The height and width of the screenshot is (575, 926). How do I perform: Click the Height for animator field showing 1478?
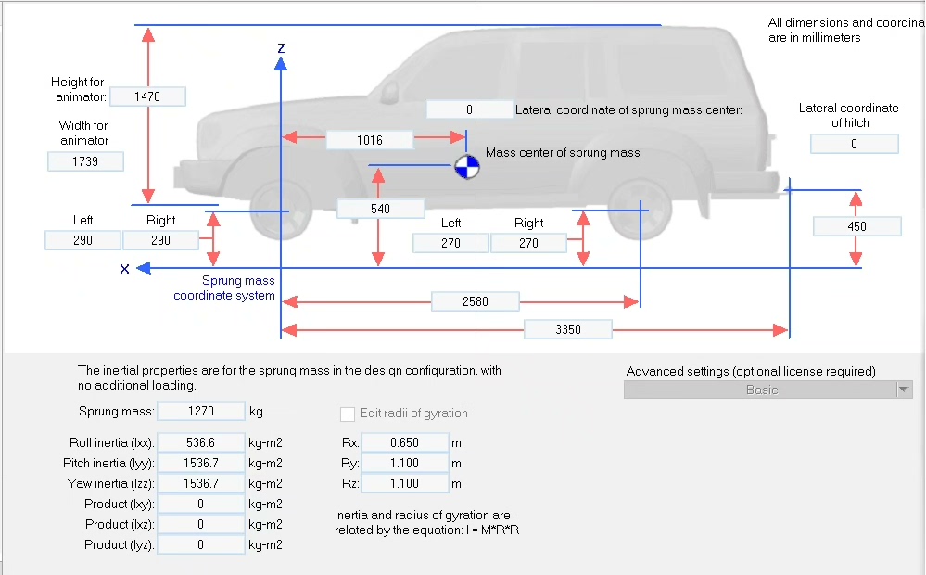coord(147,96)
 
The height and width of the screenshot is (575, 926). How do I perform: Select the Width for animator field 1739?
coord(85,161)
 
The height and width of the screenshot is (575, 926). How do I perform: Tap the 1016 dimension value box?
coord(369,140)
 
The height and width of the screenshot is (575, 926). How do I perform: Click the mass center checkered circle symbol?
coord(466,168)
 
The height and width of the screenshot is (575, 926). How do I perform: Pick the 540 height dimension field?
coord(380,210)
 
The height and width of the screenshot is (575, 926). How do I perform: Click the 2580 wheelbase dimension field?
coord(475,301)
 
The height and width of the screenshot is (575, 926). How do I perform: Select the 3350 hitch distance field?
coord(567,329)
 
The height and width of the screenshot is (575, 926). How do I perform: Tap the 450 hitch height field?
coord(856,227)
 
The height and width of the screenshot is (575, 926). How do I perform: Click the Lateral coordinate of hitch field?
coord(854,145)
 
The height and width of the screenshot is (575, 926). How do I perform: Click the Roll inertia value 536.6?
coord(200,443)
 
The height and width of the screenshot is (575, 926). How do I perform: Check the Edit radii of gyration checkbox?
coord(348,414)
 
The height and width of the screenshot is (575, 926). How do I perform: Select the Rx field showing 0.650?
coord(404,443)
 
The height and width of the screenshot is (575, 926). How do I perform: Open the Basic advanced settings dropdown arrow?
coord(904,390)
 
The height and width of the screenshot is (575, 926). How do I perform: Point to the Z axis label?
coord(281,46)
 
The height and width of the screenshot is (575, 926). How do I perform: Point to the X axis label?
coord(123,269)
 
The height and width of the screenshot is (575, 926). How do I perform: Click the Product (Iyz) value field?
coord(200,545)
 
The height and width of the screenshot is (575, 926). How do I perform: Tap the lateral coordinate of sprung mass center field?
coord(469,109)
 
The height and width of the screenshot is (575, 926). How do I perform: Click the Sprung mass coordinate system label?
coord(224,288)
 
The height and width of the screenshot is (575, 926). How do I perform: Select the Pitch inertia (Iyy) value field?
coord(200,464)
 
